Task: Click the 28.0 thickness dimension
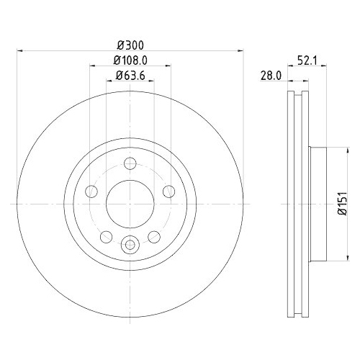pos(271,75)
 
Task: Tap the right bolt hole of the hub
pos(168,191)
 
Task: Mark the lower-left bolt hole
pos(106,236)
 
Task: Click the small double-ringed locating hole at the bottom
pos(130,244)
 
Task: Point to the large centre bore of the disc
pos(130,202)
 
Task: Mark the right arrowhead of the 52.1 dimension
pos(325,66)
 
